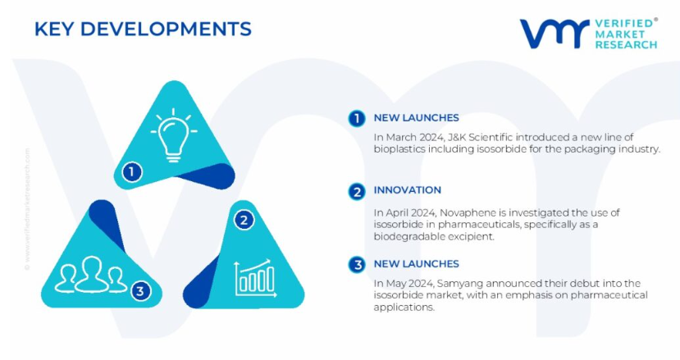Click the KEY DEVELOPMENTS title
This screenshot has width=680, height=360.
coord(143,29)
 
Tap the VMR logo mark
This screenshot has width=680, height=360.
coord(554,34)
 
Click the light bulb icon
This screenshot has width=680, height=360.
coord(173,134)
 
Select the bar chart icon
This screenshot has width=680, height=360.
coord(255,278)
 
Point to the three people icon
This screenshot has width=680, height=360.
coord(91,275)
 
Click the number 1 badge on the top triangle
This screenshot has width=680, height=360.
coord(132,172)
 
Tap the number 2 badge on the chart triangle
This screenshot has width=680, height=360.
coord(244,220)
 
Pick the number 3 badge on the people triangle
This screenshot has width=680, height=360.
coord(139,290)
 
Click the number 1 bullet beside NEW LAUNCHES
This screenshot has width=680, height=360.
coord(357,118)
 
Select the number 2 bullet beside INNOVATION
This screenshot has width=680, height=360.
coord(357,191)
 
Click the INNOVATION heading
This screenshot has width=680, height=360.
coord(407,190)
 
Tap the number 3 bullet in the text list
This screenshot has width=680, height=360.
coord(357,265)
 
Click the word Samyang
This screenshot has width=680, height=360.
coord(459,284)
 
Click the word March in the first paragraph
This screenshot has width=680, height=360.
coord(398,138)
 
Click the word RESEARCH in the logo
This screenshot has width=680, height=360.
coord(626,44)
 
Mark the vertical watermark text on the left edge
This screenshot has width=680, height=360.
coord(27,209)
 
